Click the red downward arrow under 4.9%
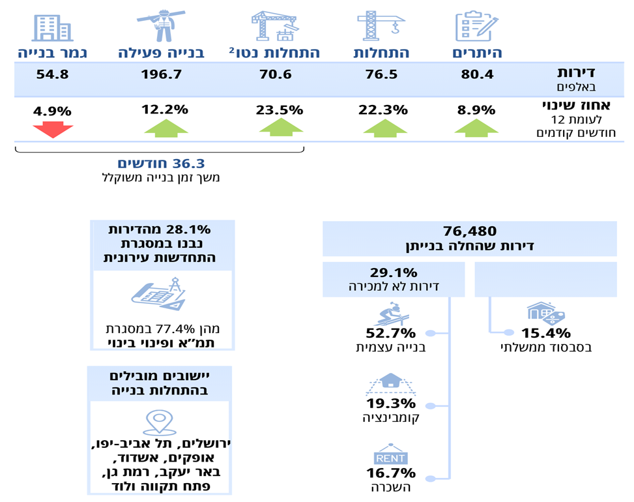pyautogui.click(x=53, y=128)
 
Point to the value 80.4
pyautogui.click(x=476, y=74)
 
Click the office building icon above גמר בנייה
pyautogui.click(x=52, y=26)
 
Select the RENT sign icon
pyautogui.click(x=390, y=458)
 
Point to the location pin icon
pyautogui.click(x=160, y=422)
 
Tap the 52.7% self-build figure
pyautogui.click(x=390, y=332)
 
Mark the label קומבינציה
pyautogui.click(x=390, y=417)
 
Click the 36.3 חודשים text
pyautogui.click(x=159, y=163)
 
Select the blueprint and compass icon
pyautogui.click(x=160, y=298)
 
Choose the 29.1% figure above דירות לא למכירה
pyautogui.click(x=393, y=272)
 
